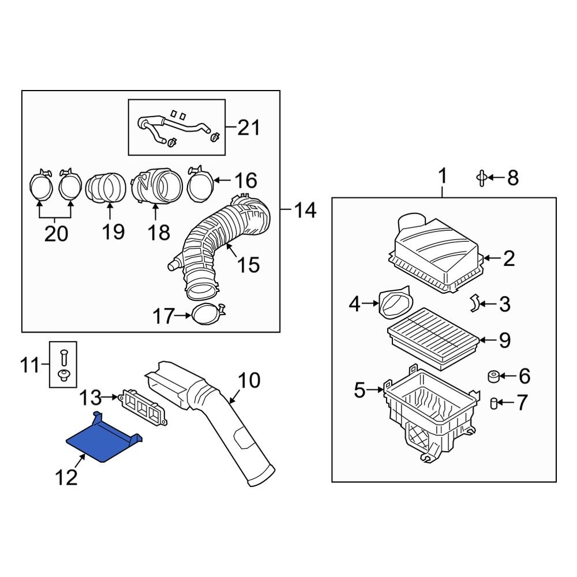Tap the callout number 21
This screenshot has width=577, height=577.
click(x=249, y=128)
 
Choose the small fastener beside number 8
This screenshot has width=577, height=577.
click(x=480, y=178)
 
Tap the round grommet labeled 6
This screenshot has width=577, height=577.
click(x=493, y=377)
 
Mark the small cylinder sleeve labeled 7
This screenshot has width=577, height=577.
click(x=494, y=403)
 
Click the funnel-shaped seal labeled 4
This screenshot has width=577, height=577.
click(x=396, y=303)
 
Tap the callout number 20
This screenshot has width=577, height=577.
click(x=55, y=233)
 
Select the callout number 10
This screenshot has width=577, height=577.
click(x=249, y=381)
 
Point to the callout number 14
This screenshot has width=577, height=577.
click(x=304, y=211)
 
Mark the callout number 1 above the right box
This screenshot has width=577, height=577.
click(x=443, y=177)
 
